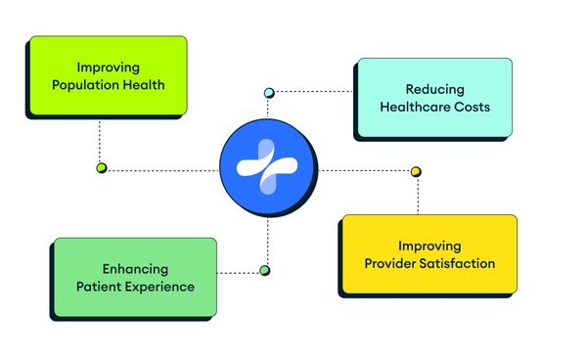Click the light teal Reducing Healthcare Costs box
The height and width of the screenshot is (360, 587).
433,98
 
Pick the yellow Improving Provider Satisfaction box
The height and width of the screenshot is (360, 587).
429,254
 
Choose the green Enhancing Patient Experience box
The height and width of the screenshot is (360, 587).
135,278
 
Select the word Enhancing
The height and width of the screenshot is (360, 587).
135,269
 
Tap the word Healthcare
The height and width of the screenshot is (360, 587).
413,107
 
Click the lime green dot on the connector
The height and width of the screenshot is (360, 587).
101,168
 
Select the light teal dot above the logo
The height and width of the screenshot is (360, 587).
269,93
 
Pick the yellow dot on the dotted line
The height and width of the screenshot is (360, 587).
416,172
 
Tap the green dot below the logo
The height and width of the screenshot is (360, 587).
263,270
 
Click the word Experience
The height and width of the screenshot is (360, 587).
161,287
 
